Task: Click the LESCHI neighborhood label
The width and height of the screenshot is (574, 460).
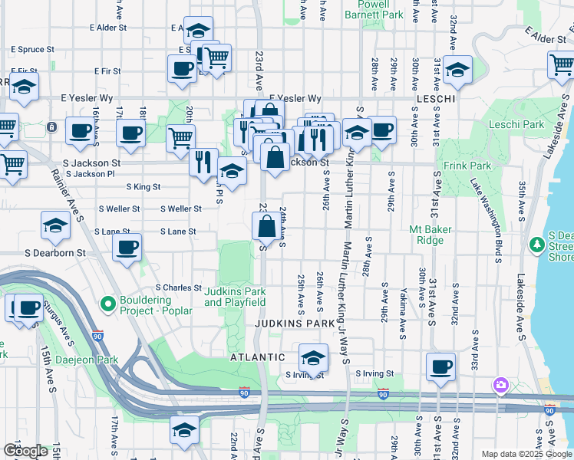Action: tap(436, 100)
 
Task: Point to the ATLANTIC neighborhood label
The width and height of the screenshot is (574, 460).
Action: tap(259, 357)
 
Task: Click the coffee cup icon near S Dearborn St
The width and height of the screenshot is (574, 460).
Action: tap(127, 248)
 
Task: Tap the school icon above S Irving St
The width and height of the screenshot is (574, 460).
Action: tap(312, 357)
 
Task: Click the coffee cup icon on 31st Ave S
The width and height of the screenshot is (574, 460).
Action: tap(440, 366)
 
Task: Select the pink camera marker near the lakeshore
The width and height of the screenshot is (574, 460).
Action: tap(501, 384)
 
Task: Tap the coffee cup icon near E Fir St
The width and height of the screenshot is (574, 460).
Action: tap(182, 67)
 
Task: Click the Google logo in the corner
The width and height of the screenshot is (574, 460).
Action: tap(26, 451)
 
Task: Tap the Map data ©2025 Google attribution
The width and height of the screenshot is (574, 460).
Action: tap(526, 454)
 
